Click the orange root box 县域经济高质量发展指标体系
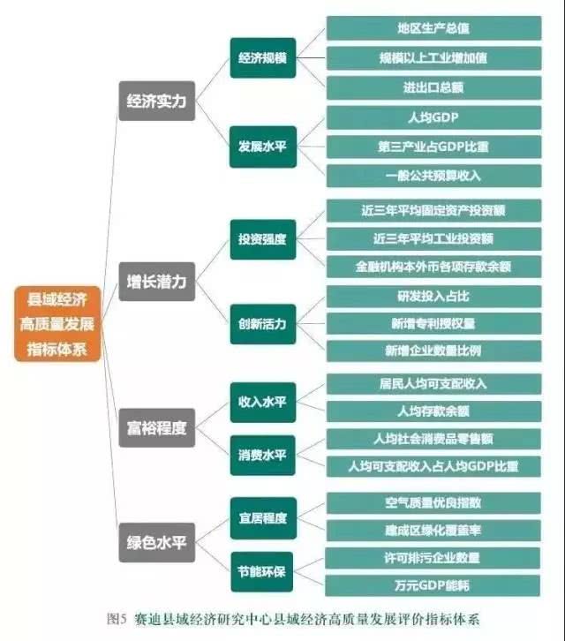pyautogui.click(x=57, y=324)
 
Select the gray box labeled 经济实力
pyautogui.click(x=157, y=101)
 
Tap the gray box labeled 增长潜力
pyautogui.click(x=157, y=282)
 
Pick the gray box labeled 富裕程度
pyautogui.click(x=157, y=427)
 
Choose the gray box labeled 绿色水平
pyautogui.click(x=157, y=542)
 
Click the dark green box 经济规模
pyautogui.click(x=263, y=57)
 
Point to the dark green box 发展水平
pyautogui.click(x=263, y=147)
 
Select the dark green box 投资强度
pyautogui.click(x=263, y=239)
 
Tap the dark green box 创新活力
pyautogui.click(x=263, y=324)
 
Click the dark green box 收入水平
pyautogui.click(x=263, y=403)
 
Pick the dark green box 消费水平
pyautogui.click(x=263, y=455)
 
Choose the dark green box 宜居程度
pyautogui.click(x=263, y=518)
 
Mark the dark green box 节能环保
pyautogui.click(x=262, y=571)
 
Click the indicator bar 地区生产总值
pyautogui.click(x=433, y=28)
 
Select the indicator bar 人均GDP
pyautogui.click(x=433, y=117)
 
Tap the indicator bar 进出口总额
pyautogui.click(x=433, y=87)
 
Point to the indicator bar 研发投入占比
pyautogui.click(x=433, y=297)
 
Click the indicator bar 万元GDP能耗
pyautogui.click(x=433, y=585)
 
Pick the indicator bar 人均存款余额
pyautogui.click(x=433, y=411)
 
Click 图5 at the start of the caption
pyautogui.click(x=117, y=619)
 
